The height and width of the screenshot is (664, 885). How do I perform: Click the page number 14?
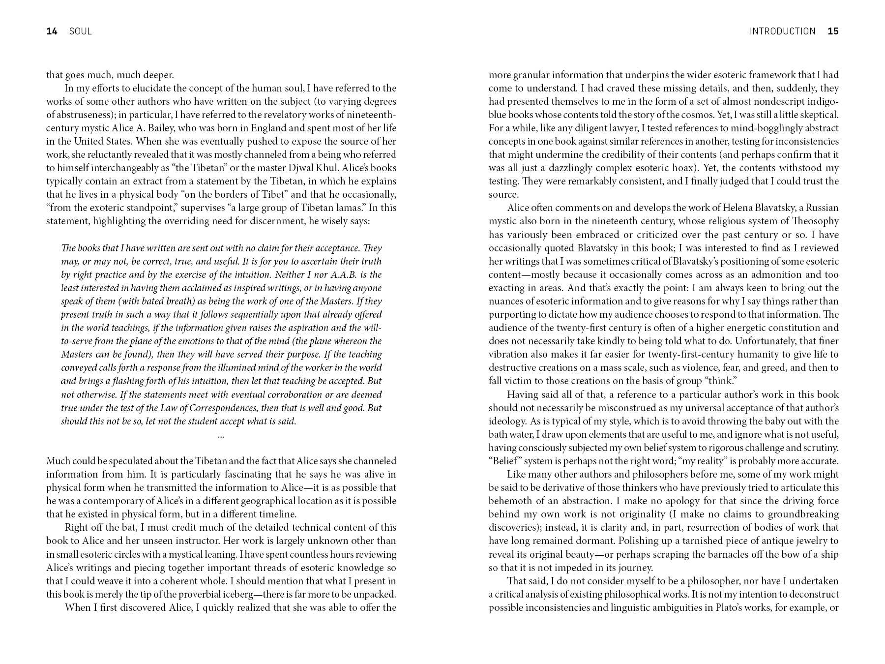tap(52, 31)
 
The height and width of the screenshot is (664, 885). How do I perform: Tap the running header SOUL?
tap(80, 31)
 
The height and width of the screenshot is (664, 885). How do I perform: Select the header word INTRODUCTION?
tap(782, 31)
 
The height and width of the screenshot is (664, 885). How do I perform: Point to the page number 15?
tap(833, 31)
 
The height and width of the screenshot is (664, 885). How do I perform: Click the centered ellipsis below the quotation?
tap(221, 435)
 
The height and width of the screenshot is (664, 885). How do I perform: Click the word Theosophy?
tap(815, 221)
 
